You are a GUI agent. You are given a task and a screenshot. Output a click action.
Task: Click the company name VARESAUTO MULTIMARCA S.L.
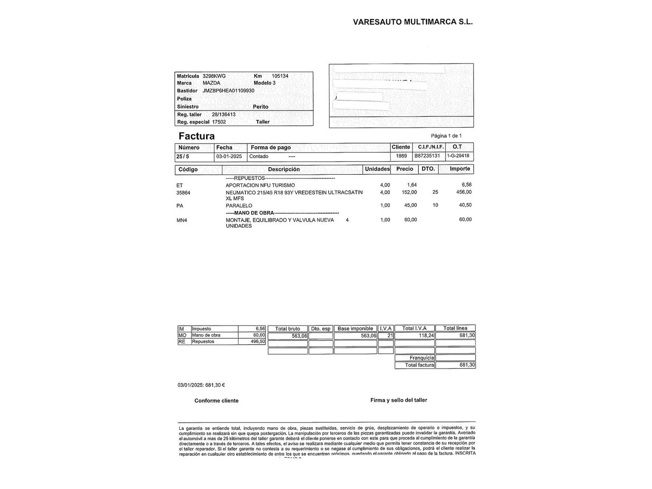tap(412, 22)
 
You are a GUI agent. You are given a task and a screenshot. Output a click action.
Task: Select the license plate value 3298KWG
tap(214, 76)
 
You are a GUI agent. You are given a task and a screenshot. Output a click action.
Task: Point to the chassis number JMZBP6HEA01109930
tap(228, 91)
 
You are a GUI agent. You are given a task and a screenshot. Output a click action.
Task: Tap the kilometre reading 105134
tap(280, 76)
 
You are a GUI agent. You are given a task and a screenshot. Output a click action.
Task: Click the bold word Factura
tap(197, 136)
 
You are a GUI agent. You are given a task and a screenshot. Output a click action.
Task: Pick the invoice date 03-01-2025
tap(229, 156)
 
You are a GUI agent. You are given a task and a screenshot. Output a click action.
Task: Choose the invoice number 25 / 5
tap(183, 157)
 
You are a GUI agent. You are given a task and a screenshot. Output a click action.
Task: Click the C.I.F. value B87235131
tap(427, 156)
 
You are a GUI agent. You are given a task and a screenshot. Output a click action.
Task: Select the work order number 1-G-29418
tap(458, 156)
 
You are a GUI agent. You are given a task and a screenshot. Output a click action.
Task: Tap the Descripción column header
tap(284, 169)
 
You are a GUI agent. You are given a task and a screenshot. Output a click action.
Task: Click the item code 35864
tap(183, 193)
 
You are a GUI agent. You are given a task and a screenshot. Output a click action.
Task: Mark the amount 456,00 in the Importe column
tap(464, 192)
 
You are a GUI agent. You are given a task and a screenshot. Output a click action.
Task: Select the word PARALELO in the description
tap(239, 206)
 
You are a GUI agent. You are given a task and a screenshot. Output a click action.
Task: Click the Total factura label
tap(419, 365)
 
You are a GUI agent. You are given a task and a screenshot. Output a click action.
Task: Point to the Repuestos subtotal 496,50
tap(258, 341)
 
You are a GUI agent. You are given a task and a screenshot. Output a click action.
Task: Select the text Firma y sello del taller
tap(398, 400)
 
